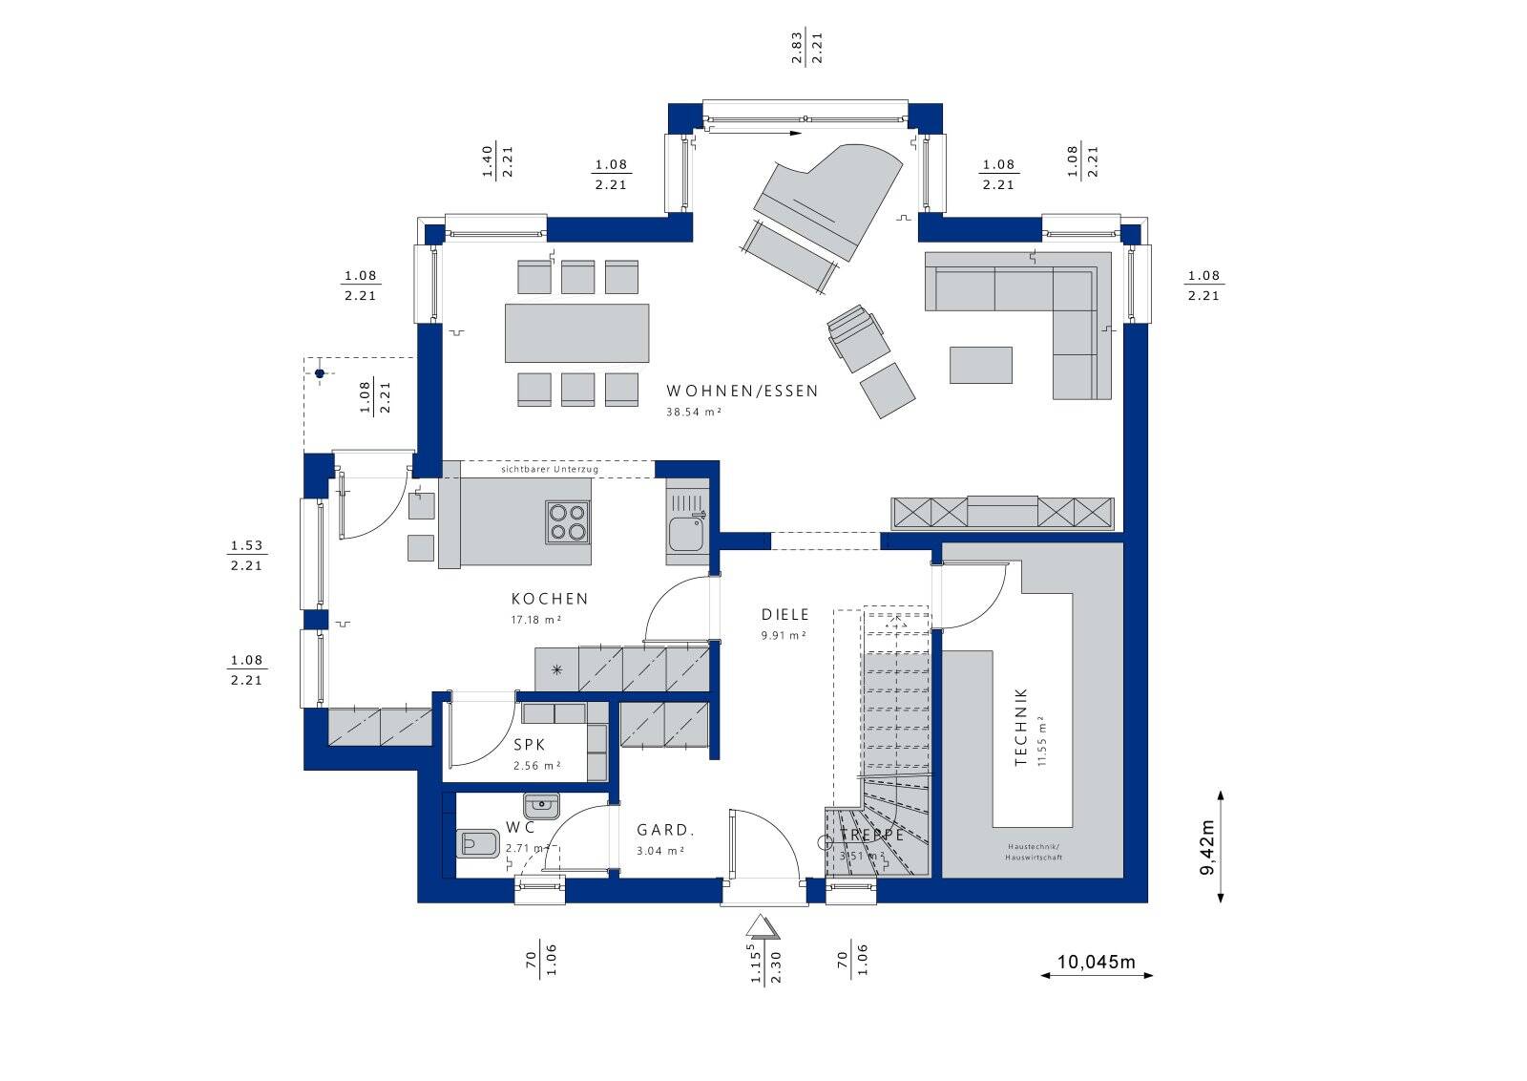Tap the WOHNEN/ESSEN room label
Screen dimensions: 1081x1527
coord(742,391)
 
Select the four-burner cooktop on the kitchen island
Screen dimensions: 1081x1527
coord(567,521)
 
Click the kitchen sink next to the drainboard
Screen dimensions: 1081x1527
coord(685,534)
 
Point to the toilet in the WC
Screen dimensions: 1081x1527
coord(478,843)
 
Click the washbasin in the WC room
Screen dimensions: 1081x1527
coord(542,806)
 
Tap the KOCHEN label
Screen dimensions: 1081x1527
coord(550,599)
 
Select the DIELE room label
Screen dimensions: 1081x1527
coord(784,615)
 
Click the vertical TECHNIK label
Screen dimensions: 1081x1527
coord(1021,727)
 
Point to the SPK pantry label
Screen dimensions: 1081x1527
coord(529,745)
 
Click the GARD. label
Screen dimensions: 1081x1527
coord(665,830)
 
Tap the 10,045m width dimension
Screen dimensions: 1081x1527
coord(1096,962)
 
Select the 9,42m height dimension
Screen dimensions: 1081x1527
coord(1208,846)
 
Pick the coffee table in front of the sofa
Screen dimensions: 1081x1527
coord(980,365)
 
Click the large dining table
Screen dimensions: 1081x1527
coord(576,333)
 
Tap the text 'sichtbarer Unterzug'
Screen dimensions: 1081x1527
coord(550,469)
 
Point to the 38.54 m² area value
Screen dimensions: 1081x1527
coord(693,413)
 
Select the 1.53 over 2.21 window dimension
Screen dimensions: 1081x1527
coord(246,556)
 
